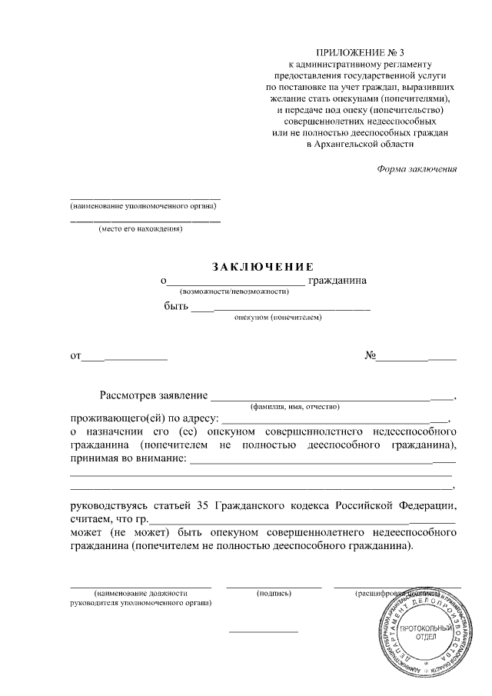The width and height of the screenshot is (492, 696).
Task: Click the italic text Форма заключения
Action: tap(417, 169)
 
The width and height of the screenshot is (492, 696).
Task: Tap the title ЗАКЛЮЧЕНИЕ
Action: tap(264, 267)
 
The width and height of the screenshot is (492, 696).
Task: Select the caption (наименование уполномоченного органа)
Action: tap(144, 206)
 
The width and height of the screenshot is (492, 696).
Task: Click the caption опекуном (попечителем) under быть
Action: tap(278, 317)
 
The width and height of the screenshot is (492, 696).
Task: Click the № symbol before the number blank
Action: tap(369, 356)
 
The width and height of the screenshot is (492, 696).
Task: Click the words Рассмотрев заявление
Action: tap(154, 396)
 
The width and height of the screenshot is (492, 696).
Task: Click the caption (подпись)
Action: tap(274, 594)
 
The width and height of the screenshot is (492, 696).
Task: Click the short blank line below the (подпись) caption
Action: tap(264, 631)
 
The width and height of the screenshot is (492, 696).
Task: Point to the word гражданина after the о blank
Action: tap(337, 281)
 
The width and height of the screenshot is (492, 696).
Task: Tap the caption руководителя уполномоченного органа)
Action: tap(141, 603)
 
